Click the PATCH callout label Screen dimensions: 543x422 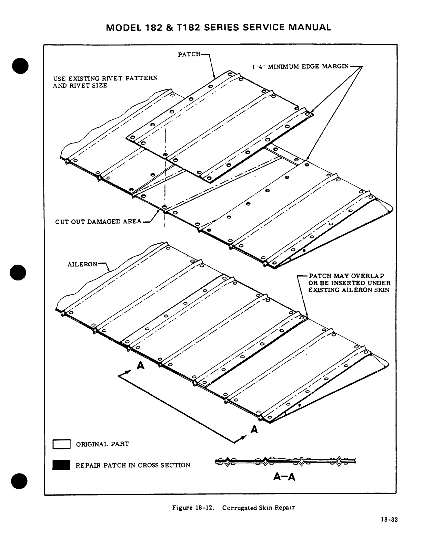[189, 54]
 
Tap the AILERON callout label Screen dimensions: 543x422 [82, 264]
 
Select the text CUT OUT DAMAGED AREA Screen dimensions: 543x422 [98, 221]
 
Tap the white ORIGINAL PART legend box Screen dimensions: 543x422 [61, 444]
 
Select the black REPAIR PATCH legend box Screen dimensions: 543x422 [61, 465]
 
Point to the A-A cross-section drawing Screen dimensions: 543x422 [285, 461]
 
